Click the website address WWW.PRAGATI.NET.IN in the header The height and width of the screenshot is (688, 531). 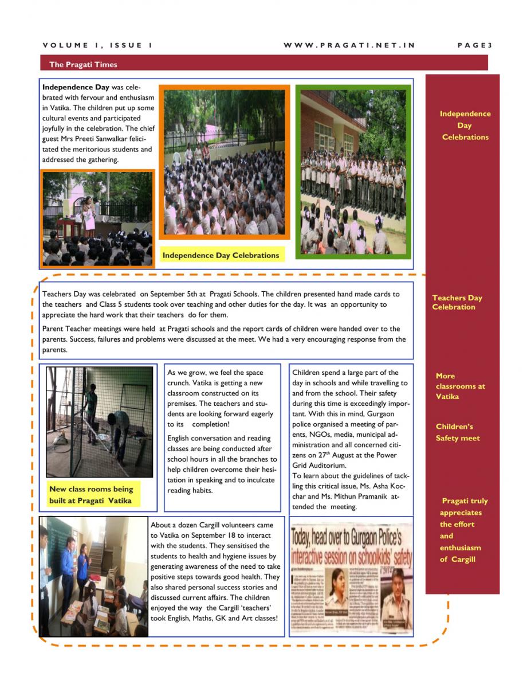349,45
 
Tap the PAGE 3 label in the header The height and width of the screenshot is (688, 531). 475,45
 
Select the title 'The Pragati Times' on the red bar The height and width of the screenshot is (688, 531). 83,65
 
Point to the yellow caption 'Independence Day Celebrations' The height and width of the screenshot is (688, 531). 221,255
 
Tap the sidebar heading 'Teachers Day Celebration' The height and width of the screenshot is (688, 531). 457,302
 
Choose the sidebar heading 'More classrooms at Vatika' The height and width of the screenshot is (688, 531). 459,386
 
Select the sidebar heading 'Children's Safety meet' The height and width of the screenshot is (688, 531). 458,432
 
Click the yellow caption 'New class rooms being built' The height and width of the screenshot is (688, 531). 91,495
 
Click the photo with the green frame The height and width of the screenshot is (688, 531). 353,172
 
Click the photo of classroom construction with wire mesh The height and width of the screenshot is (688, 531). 100,423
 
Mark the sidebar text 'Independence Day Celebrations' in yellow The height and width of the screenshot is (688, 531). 465,126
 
